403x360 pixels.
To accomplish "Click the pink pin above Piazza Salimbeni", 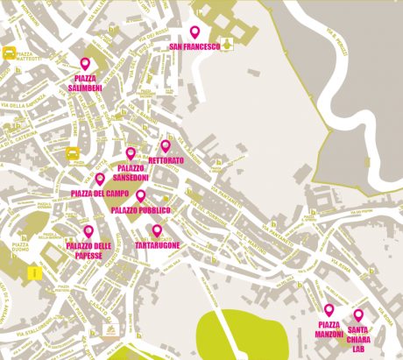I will (85, 63).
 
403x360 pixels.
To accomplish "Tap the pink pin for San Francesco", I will (195, 32).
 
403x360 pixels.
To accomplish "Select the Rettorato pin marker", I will (166, 145).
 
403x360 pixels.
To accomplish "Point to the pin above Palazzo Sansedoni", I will (131, 153).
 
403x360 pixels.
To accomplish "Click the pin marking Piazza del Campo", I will (100, 179).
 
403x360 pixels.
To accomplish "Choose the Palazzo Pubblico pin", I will (140, 195).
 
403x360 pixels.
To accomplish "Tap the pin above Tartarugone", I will (158, 230).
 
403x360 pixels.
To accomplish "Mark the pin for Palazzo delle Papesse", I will (88, 231).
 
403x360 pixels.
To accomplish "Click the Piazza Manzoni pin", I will (329, 309).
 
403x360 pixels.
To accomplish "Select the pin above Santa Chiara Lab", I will (358, 314).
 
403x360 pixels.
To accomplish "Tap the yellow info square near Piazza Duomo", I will (33, 273).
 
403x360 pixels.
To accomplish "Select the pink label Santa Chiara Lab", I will (357, 338).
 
